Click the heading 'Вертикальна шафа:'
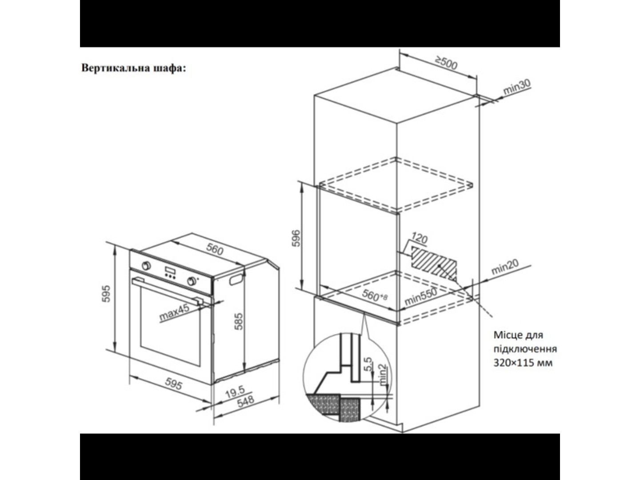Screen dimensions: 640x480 [133, 68]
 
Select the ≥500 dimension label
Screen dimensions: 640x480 [446, 63]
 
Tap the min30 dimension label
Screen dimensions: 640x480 [517, 87]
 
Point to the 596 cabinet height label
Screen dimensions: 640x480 [296, 238]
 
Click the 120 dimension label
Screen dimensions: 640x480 [419, 238]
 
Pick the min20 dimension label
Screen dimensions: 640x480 [505, 267]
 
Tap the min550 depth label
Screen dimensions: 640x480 [421, 297]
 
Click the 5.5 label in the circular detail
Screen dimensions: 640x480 [369, 364]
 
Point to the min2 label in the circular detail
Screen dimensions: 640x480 [382, 375]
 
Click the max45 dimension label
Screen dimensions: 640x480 [174, 313]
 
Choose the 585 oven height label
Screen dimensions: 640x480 [239, 321]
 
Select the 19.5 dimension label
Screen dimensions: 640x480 [235, 392]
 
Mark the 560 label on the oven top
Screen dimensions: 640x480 [214, 249]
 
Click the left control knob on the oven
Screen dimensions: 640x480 [146, 266]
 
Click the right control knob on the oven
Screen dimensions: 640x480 [192, 280]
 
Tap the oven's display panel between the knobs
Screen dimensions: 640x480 [170, 271]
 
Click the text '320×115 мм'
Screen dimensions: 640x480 [523, 363]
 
